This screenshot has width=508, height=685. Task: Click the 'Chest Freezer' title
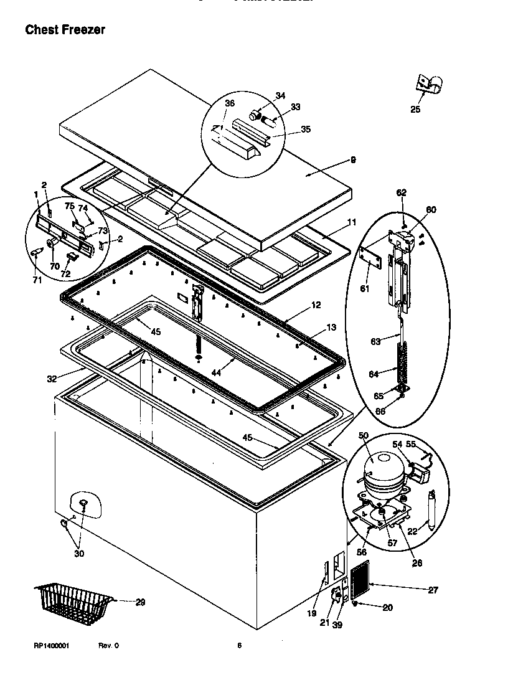[x=65, y=30]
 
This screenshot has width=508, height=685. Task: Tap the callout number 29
[x=140, y=602]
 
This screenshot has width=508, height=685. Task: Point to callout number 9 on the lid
[x=353, y=160]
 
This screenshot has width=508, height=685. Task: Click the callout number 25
[x=415, y=110]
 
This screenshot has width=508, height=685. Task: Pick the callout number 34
[x=280, y=96]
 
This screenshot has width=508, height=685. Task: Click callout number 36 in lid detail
[x=230, y=103]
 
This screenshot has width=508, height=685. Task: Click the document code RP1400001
[x=52, y=646]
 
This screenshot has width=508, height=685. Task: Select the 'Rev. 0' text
[x=108, y=646]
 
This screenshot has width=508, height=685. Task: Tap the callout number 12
[x=316, y=305]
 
